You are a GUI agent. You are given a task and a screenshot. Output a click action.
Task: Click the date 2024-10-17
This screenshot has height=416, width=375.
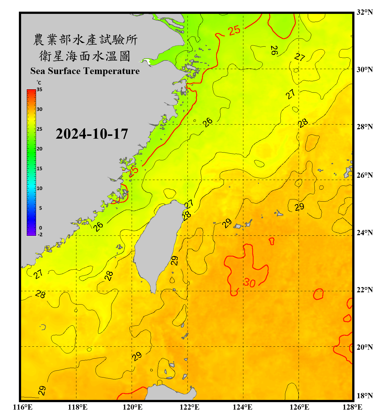point(92,134)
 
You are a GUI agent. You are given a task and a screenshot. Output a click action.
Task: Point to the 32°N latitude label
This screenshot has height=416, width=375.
point(364,12)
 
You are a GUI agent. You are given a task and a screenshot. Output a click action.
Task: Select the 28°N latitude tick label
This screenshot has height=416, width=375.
point(364,127)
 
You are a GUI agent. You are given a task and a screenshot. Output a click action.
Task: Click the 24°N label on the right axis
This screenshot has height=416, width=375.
point(364,232)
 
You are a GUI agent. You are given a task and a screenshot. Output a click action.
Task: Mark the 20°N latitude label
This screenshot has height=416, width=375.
point(364,347)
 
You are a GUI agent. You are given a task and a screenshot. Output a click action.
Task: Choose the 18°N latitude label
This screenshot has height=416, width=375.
point(364,396)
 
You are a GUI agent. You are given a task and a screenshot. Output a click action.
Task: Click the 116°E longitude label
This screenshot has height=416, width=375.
point(23,407)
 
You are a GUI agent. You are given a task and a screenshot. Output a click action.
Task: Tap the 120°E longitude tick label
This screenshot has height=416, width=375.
point(132,407)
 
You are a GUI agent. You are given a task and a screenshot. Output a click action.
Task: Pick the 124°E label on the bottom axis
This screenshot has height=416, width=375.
point(242,407)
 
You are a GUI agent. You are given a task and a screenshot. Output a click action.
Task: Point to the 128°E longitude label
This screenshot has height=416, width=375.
point(352,407)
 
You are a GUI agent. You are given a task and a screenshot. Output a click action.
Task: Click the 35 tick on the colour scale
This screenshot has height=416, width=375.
point(39,90)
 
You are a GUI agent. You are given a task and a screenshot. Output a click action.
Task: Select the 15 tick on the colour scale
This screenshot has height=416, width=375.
point(39,169)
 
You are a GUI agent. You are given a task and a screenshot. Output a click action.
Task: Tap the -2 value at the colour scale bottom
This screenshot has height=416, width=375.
point(40,234)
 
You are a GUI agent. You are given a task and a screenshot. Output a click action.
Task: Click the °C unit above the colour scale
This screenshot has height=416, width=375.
point(39,83)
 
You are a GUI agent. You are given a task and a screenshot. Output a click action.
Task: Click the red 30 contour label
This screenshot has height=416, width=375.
point(249,283)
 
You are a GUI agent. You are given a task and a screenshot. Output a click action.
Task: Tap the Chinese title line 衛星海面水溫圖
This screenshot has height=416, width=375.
point(85,56)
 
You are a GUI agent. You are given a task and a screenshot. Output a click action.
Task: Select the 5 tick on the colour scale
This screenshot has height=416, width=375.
point(41,208)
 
